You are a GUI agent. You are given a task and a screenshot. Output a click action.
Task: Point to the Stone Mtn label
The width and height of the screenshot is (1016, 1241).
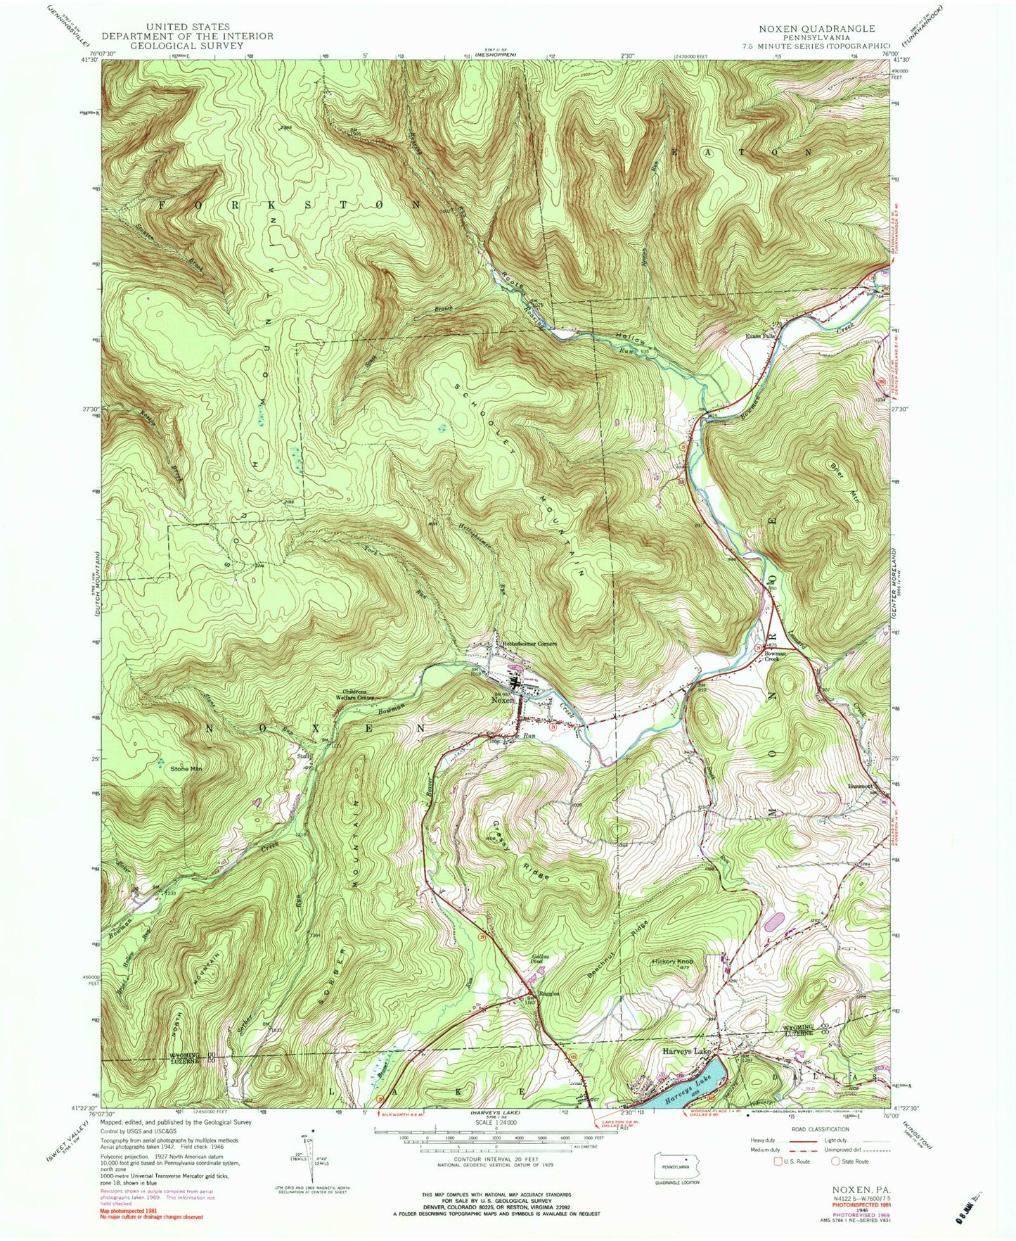click(x=186, y=769)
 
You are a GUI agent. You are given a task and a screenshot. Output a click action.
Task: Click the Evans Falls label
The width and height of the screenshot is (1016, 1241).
click(x=760, y=337)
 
